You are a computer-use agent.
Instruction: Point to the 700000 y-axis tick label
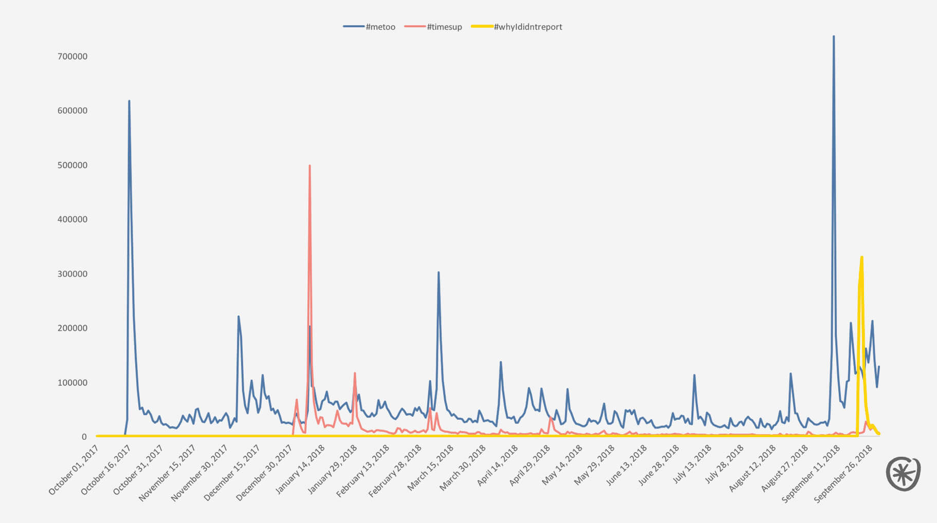(72, 57)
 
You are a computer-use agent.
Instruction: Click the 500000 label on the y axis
(72, 165)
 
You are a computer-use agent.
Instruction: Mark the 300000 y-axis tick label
(72, 274)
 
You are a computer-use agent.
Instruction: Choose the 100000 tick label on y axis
(72, 383)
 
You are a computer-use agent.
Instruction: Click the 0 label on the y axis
(84, 437)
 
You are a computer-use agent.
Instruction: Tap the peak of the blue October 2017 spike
(129, 101)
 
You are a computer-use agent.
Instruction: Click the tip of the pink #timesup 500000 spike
(309, 165)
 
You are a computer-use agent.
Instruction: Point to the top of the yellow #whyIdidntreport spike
(861, 257)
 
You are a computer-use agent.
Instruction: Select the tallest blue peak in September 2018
(834, 36)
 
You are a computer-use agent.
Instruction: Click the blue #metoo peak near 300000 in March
(438, 272)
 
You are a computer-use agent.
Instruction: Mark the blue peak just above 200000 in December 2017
(238, 316)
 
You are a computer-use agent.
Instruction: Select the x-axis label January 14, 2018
(301, 470)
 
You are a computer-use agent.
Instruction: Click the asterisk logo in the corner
(903, 473)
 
